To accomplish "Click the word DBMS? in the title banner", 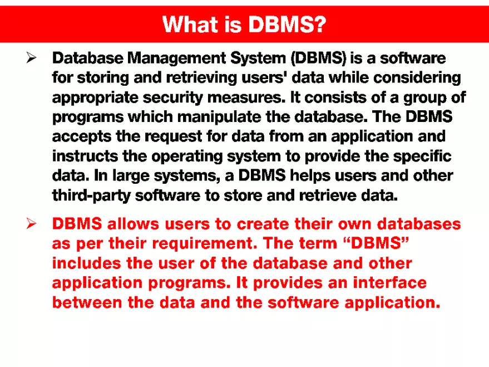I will coord(287,24).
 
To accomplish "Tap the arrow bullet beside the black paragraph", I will coord(31,57).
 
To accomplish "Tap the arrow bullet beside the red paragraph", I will coord(31,224).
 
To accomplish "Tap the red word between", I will coord(83,302).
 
